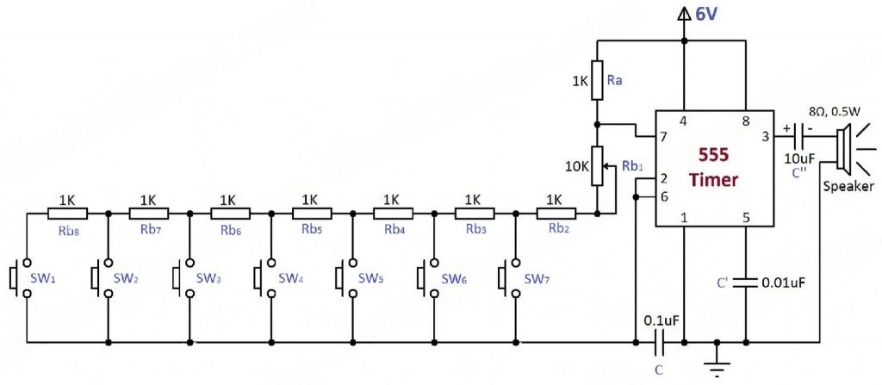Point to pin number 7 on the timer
662,138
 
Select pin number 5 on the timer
746,217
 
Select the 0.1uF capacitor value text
661,320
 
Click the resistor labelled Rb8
67,213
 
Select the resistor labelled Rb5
311,213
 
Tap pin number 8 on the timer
746,122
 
